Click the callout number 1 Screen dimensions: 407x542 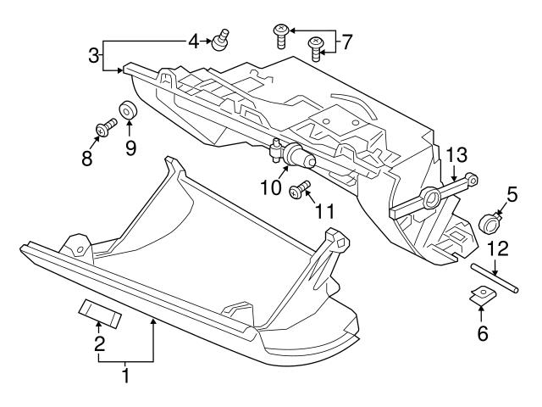click(x=125, y=374)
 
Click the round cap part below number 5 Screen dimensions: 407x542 click(x=489, y=224)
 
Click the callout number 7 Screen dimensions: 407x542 click(x=346, y=39)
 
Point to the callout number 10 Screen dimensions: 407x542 click(x=270, y=187)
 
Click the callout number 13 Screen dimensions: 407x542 click(x=456, y=154)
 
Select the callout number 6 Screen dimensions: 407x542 click(x=483, y=333)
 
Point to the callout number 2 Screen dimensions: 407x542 click(x=99, y=343)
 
